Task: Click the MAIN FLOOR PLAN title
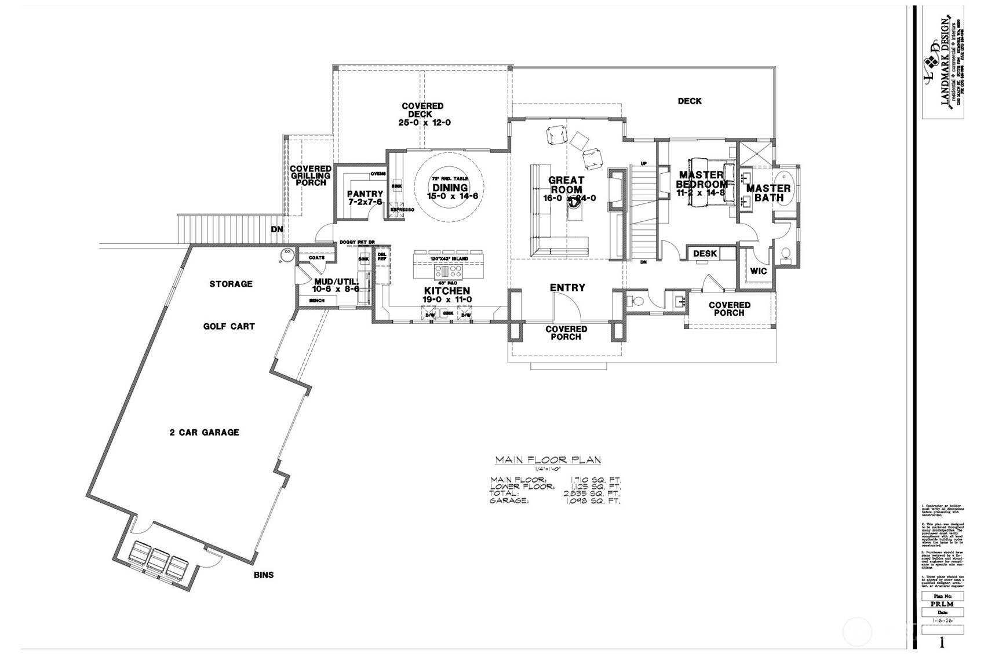click(548, 460)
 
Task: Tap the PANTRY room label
click(365, 194)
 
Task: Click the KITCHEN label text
click(447, 291)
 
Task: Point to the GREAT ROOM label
click(566, 185)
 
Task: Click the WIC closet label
click(758, 271)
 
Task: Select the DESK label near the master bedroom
click(705, 254)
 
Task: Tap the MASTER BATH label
click(768, 193)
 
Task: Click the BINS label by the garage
click(263, 575)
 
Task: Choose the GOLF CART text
click(229, 326)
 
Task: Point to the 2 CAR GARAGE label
click(204, 432)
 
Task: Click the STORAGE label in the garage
click(231, 284)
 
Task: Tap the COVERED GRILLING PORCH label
click(311, 176)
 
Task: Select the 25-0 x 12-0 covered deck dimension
click(424, 123)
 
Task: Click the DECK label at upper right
click(689, 101)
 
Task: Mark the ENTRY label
click(567, 287)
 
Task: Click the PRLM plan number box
click(943, 604)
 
